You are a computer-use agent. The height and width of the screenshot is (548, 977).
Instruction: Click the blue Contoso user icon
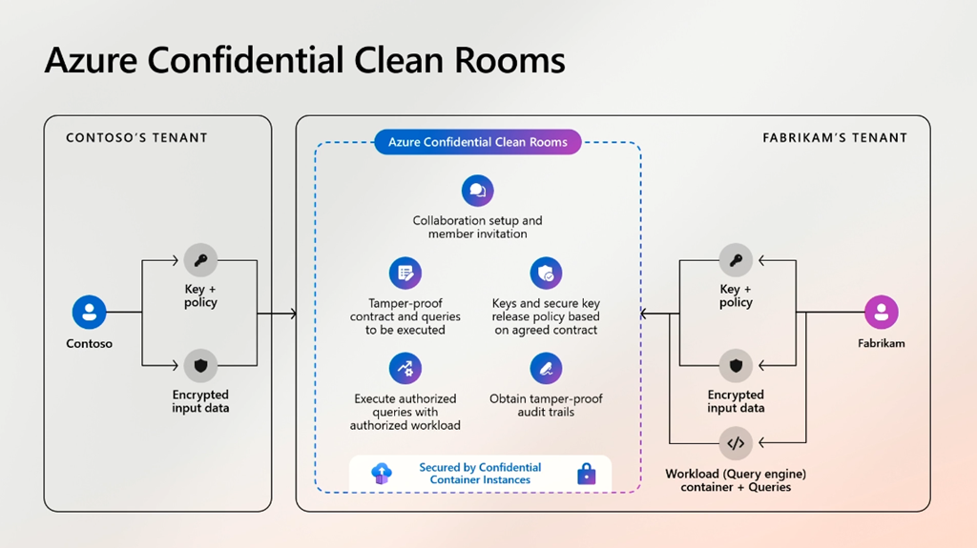[90, 312]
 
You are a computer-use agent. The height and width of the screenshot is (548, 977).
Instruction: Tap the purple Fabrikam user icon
[882, 312]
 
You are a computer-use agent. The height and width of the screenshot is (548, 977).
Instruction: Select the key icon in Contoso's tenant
[200, 259]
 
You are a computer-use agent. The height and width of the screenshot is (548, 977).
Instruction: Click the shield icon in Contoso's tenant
[200, 365]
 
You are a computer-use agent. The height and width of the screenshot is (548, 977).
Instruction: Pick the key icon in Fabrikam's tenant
[736, 260]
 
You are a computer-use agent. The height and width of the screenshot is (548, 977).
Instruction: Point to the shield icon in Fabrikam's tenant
[736, 366]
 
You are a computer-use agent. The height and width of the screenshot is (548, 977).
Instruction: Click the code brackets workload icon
[736, 443]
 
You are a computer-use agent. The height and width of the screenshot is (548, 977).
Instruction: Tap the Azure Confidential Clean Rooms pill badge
[477, 142]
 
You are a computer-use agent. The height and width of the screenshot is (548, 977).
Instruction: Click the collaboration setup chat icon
[478, 191]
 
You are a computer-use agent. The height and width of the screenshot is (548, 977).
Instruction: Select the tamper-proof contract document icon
[405, 274]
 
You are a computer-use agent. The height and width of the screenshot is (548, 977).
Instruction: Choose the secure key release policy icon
[547, 274]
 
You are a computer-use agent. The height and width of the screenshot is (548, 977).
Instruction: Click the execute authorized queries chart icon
[405, 369]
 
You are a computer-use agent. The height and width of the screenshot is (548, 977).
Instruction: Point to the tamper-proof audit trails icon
[547, 369]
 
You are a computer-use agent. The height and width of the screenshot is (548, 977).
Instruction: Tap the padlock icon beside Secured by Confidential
[586, 473]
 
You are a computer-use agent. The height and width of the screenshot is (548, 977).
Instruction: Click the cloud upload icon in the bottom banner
[382, 473]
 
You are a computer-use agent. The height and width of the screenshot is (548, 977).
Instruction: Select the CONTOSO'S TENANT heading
[136, 138]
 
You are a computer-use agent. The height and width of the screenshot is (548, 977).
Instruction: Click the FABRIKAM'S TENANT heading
[835, 138]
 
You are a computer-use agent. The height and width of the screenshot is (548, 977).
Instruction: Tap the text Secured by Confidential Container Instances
[480, 474]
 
